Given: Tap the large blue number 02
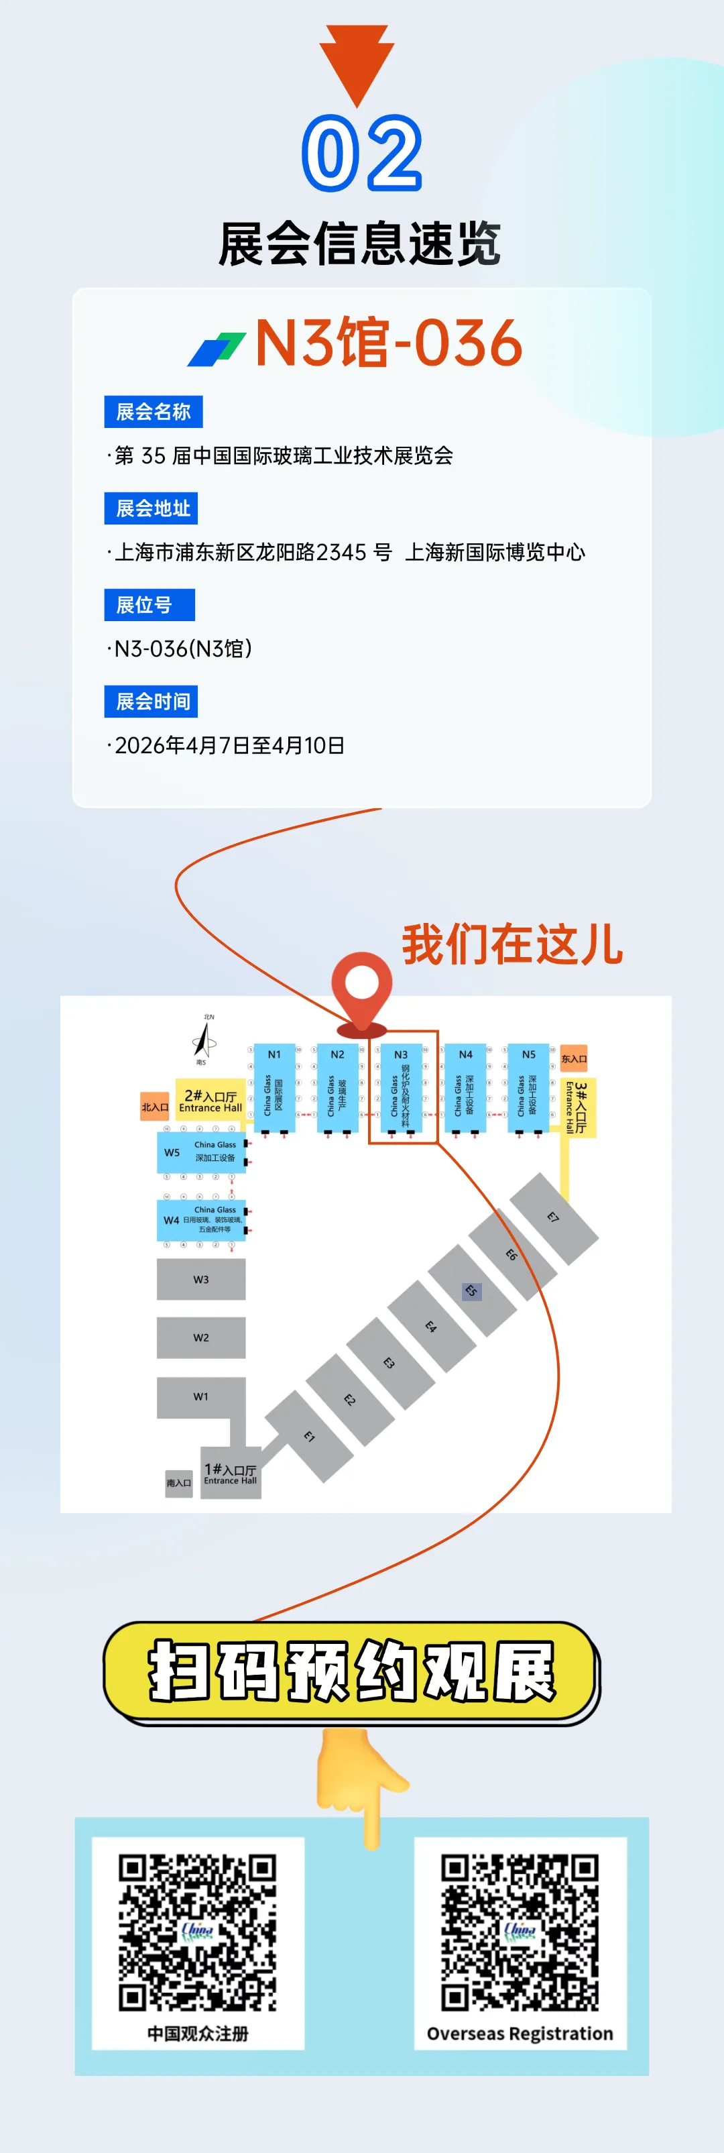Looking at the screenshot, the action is [x=361, y=153].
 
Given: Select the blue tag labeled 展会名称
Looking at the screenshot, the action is [x=153, y=411].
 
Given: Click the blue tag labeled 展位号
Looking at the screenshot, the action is [x=149, y=604].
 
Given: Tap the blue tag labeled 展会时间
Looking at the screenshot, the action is [x=150, y=701].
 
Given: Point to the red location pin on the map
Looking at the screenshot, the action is [x=361, y=991].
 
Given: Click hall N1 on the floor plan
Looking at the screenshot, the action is [x=275, y=1087].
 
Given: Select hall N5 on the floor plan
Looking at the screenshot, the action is [x=529, y=1087].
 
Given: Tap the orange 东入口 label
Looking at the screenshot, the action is [x=574, y=1058].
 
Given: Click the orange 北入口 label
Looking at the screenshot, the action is [x=154, y=1107].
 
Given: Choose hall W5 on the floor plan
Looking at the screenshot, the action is [x=201, y=1152].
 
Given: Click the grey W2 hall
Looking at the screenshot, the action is [x=201, y=1337].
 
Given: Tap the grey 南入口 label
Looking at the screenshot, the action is [x=179, y=1483].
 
